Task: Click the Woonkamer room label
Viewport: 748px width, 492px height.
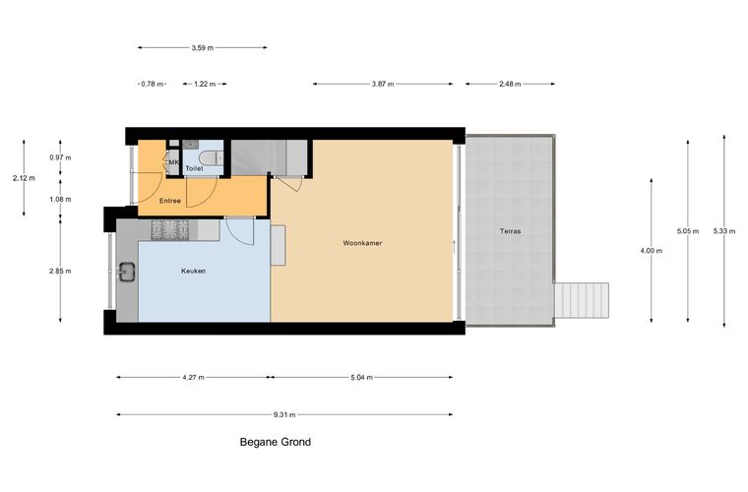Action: click(362, 243)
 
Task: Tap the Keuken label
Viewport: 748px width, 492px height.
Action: click(193, 271)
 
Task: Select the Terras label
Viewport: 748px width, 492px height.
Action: click(511, 231)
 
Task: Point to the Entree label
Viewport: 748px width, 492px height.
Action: click(170, 201)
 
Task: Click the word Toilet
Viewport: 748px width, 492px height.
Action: click(194, 168)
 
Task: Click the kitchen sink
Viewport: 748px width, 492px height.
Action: click(126, 272)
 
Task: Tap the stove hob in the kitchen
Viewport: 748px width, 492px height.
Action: click(170, 230)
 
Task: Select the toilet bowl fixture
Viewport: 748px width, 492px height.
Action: click(212, 158)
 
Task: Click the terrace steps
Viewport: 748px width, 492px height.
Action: click(582, 300)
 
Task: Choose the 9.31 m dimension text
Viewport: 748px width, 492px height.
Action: click(284, 415)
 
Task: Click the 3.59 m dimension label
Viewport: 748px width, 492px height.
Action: click(203, 47)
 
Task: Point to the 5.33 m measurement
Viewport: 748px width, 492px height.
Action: click(724, 231)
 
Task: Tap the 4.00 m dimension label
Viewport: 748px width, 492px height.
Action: click(652, 251)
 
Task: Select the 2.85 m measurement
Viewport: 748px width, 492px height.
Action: click(60, 271)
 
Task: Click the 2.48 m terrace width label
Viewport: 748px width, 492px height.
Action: click(510, 84)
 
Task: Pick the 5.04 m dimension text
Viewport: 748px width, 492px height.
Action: click(361, 377)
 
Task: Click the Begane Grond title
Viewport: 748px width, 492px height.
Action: click(276, 442)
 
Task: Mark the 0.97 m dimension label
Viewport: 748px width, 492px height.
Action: click(60, 157)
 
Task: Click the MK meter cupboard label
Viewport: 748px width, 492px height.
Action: click(173, 162)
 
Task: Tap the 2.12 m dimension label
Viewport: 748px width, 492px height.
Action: click(24, 178)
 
